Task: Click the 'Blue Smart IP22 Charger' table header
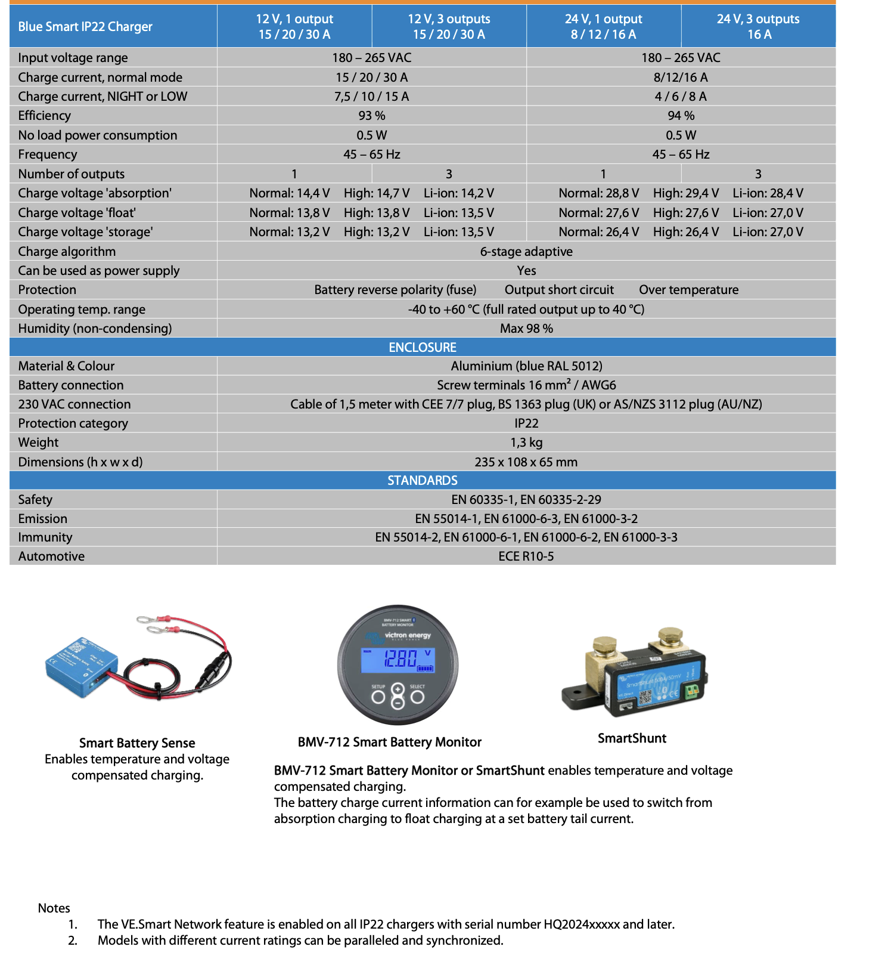click(85, 27)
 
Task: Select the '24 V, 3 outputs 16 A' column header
click(758, 27)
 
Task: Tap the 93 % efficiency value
click(372, 116)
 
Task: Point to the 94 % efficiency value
click(681, 116)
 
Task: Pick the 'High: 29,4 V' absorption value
click(686, 193)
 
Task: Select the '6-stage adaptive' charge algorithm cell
click(526, 252)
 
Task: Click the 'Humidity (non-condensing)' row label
click(95, 329)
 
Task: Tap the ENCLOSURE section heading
click(423, 347)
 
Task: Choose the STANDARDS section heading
click(423, 481)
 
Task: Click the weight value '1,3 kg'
click(526, 443)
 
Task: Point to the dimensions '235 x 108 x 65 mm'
click(526, 462)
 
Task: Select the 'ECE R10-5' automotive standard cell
click(526, 556)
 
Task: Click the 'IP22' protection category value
click(526, 423)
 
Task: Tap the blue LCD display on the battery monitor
click(398, 660)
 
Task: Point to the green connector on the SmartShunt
click(692, 692)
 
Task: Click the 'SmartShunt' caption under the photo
click(632, 738)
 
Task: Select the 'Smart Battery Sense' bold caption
click(137, 743)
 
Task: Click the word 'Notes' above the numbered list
click(54, 908)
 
